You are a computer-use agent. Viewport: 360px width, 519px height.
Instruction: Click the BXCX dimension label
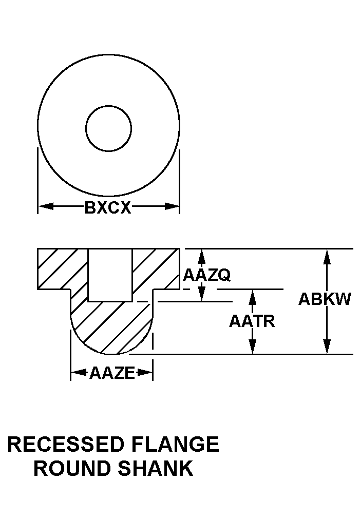pos(108,208)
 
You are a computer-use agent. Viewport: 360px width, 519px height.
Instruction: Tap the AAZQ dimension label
pos(206,275)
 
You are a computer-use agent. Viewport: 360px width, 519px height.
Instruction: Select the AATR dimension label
pos(252,321)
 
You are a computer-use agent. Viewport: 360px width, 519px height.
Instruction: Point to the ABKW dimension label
pos(325,299)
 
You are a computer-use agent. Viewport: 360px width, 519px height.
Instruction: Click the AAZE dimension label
pos(111,373)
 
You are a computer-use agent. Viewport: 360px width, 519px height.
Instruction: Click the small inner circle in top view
pos(108,128)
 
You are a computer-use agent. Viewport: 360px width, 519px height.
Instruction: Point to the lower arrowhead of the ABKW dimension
pos(326,348)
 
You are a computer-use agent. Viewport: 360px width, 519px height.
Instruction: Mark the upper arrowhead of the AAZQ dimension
pos(202,255)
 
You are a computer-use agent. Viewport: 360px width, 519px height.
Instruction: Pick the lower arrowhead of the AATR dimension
pos(252,348)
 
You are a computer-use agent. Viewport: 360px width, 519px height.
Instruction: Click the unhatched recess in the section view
pos(110,275)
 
